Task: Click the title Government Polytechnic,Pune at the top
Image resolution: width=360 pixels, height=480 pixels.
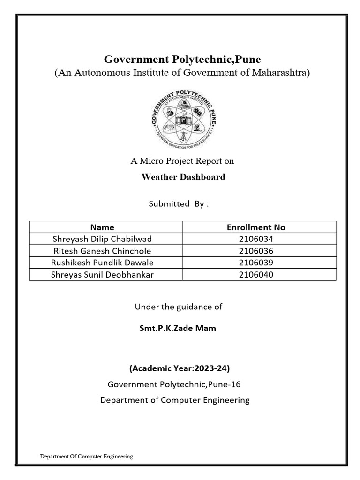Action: (182, 60)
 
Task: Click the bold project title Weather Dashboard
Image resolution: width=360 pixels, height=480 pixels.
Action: (183, 177)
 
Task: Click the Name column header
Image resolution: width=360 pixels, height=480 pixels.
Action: (102, 227)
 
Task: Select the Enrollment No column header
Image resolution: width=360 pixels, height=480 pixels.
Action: (256, 227)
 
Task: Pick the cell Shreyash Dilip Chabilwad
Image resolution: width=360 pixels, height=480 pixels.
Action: (102, 239)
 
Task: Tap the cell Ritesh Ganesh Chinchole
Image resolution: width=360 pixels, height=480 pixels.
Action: (102, 251)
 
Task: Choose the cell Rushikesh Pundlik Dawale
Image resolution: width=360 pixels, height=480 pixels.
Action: (102, 262)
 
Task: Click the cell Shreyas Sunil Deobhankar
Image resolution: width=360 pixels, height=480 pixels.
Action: (102, 274)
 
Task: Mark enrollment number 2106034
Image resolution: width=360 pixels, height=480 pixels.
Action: (256, 239)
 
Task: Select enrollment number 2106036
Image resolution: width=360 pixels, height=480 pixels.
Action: (256, 251)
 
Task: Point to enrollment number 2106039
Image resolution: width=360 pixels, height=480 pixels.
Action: (256, 262)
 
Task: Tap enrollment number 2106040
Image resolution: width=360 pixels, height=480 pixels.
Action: (256, 274)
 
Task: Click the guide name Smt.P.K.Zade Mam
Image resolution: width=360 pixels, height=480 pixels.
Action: (178, 328)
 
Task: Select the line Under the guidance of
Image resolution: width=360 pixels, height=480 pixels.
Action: (179, 307)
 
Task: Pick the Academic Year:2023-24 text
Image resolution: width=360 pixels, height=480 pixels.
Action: (180, 368)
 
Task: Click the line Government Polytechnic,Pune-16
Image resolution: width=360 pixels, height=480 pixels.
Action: (174, 384)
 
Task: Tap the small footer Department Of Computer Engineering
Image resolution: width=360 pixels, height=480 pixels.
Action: (86, 456)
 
